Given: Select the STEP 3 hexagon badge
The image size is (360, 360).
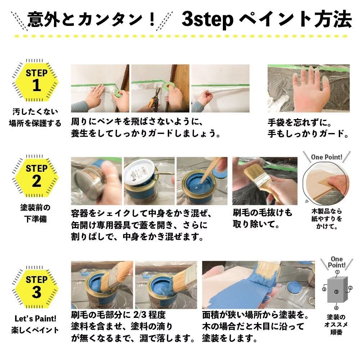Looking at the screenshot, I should point(36,287).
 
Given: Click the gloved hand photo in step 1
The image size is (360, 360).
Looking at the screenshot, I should point(308,88).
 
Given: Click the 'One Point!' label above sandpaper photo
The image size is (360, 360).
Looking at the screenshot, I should point(326,157).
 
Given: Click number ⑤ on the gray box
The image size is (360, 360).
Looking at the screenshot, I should point(336,292).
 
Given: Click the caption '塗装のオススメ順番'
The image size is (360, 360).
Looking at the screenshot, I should point(336,324).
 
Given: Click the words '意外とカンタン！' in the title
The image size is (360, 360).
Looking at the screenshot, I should point(91,19).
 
